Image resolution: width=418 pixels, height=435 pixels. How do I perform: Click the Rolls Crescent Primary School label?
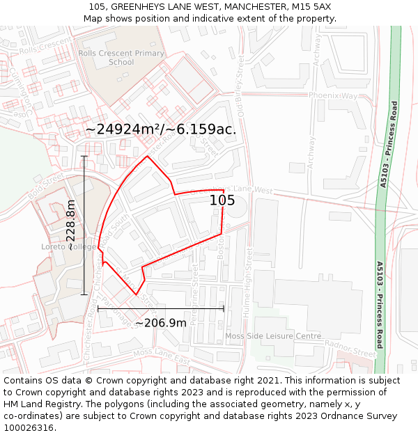pos(121,57)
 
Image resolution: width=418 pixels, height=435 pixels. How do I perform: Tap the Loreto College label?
pos(68,247)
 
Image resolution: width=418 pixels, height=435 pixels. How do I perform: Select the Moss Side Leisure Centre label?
pos(273,336)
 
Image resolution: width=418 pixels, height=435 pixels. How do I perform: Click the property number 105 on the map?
pos(222,200)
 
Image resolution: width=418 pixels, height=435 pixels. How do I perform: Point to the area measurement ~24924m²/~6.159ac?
pos(161,129)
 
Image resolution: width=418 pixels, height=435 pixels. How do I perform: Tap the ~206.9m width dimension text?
pos(161,323)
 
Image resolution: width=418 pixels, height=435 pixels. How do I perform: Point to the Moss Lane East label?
pos(161,357)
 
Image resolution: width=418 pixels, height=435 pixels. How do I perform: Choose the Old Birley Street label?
pos(241,91)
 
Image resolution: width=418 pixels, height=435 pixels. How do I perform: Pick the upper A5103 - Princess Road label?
pos(389,145)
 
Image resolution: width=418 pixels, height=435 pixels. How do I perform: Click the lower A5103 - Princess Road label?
pos(380,305)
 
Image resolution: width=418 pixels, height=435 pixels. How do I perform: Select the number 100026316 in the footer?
pos(29,428)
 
